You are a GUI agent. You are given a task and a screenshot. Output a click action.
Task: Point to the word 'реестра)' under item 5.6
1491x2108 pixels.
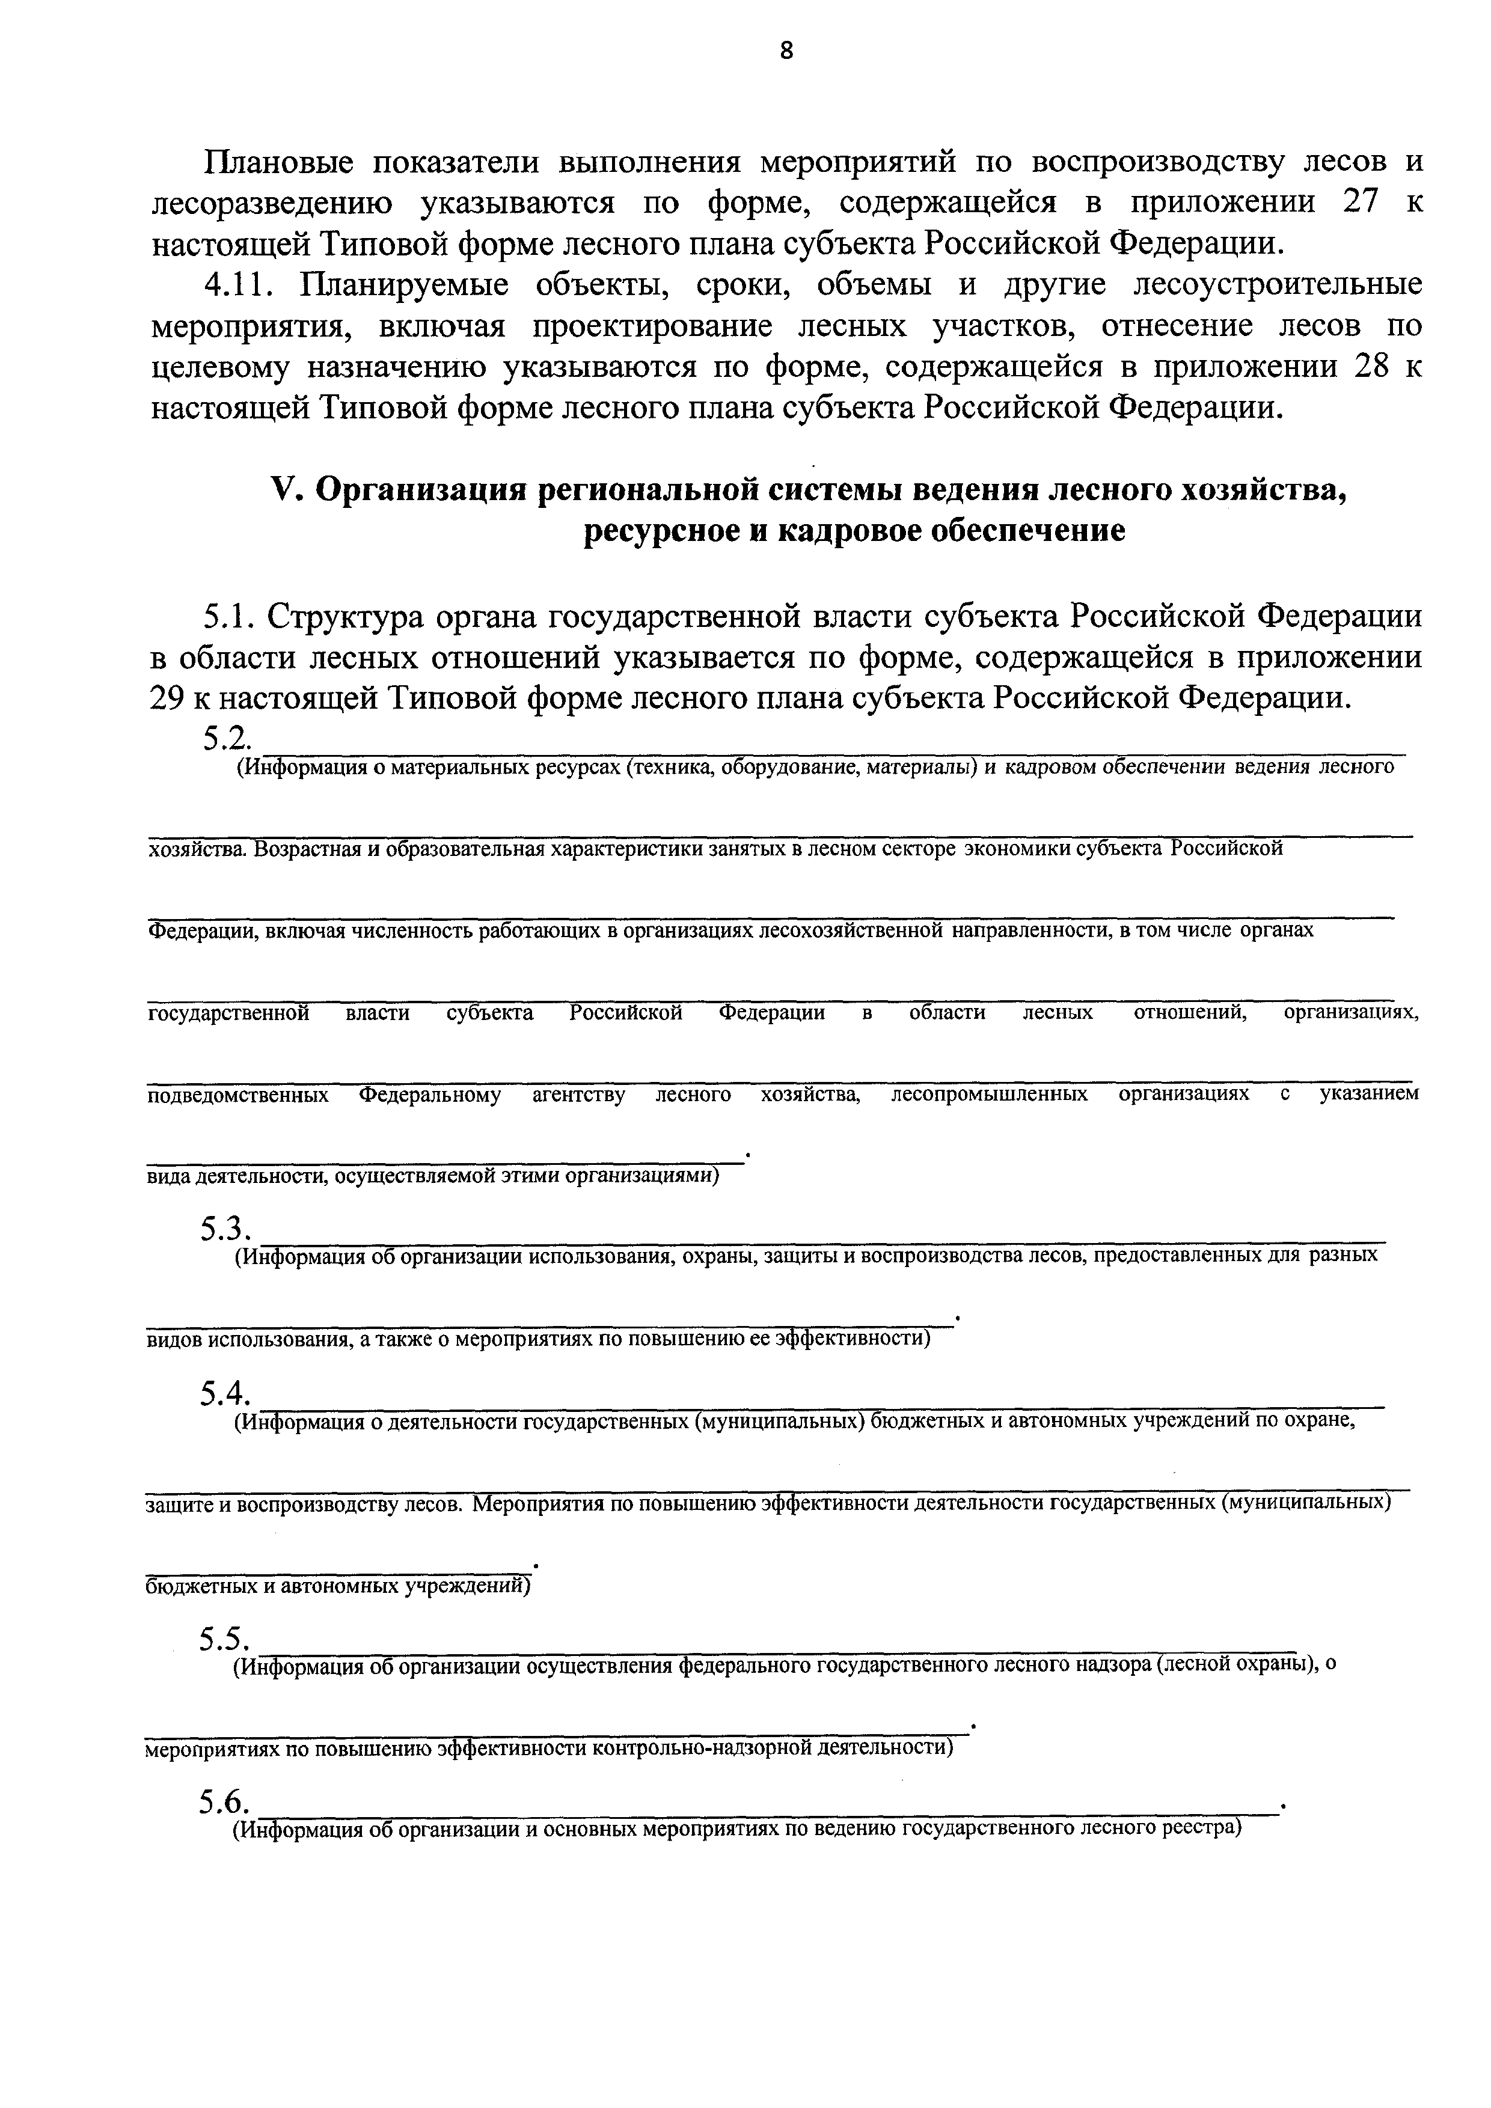click(1202, 1829)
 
